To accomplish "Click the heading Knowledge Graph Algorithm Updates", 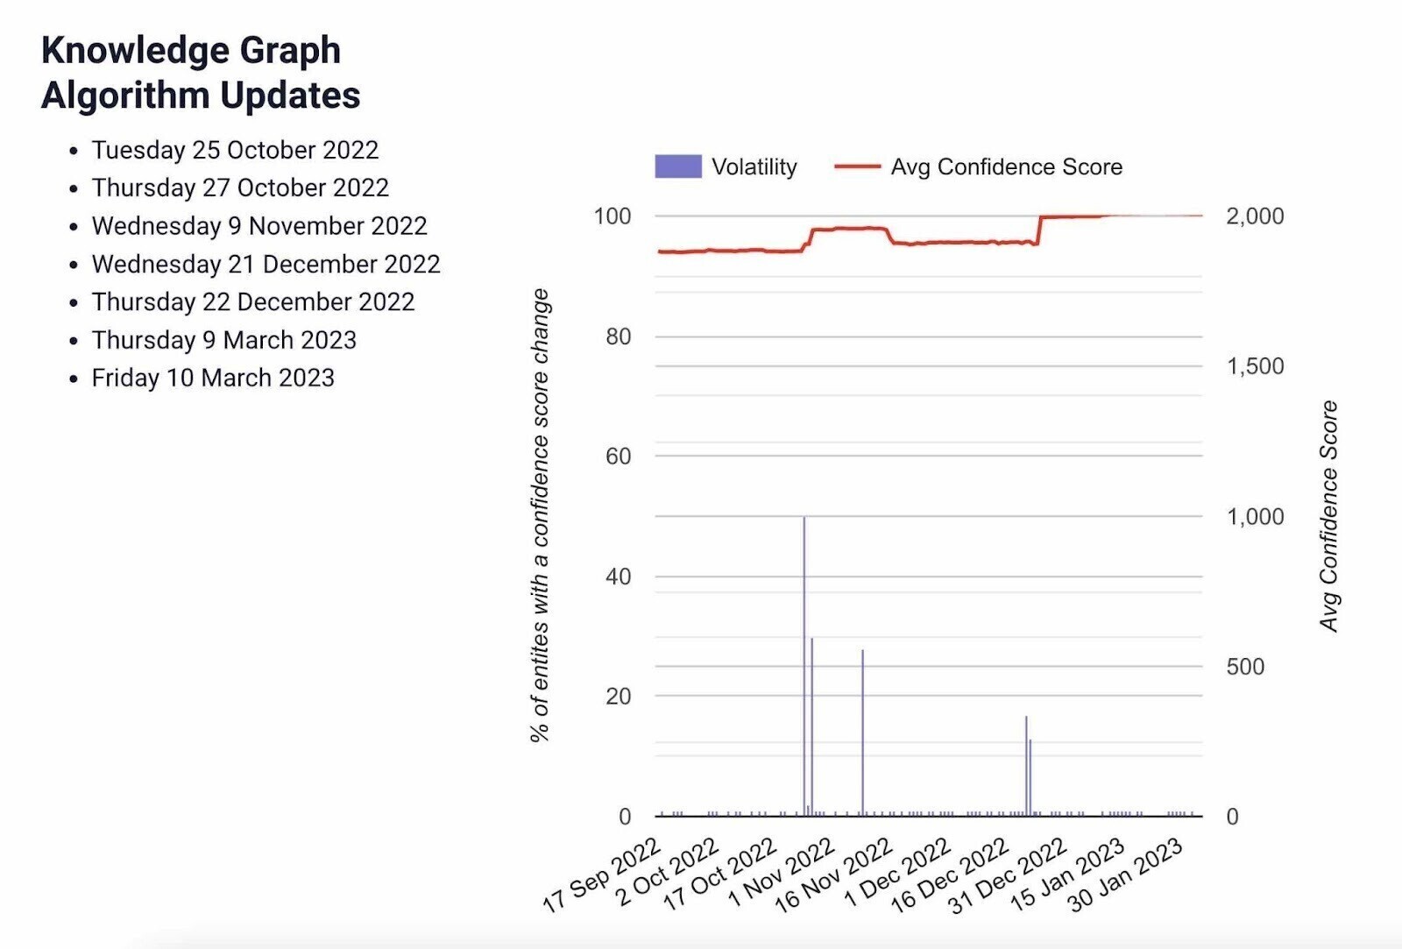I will point(201,73).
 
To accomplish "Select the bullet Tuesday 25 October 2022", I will point(235,150).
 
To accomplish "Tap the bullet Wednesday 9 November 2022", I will point(259,226).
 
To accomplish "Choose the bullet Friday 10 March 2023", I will point(213,378).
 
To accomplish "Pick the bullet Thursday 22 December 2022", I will point(253,302).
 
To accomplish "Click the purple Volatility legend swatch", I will point(677,166).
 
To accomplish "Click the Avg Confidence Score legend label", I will point(1006,166).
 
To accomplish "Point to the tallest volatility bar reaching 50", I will point(804,666).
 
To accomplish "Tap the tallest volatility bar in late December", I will point(1026,766).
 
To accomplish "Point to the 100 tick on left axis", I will point(612,216).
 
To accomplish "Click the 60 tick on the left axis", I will point(618,457).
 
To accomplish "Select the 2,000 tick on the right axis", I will point(1255,216).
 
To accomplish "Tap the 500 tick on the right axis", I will point(1245,667).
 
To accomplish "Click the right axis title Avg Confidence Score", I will point(1329,516).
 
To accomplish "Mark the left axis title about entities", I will point(540,515).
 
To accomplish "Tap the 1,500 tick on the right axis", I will point(1255,366).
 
